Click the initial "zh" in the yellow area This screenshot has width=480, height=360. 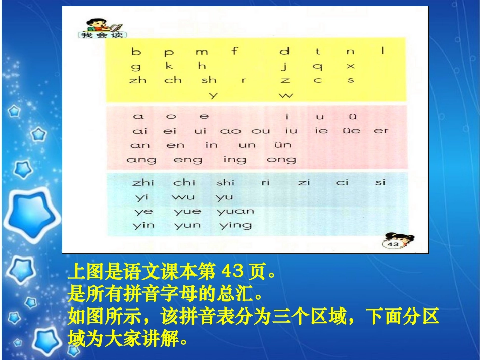pos(137,80)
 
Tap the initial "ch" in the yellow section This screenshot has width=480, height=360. pos(173,80)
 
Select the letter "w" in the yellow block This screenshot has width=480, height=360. pos(285,95)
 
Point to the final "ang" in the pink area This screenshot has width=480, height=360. pos(141,160)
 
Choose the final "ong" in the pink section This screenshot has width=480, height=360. pos(281,160)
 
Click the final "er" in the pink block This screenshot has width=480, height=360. pos(381,130)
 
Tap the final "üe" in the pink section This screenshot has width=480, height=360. pos(352,130)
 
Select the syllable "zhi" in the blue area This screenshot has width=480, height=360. pos(143,182)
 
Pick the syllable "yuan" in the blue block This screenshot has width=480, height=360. pos(235,211)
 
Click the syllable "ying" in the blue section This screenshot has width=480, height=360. pos(235,226)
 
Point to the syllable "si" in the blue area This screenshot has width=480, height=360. pos(380,182)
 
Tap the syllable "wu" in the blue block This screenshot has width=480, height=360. pos(183,197)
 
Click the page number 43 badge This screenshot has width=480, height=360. pos(393,244)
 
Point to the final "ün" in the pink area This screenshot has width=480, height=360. pos(284,145)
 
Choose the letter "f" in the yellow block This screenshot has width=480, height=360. pos(234,50)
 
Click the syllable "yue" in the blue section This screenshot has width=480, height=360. pos(187,211)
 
